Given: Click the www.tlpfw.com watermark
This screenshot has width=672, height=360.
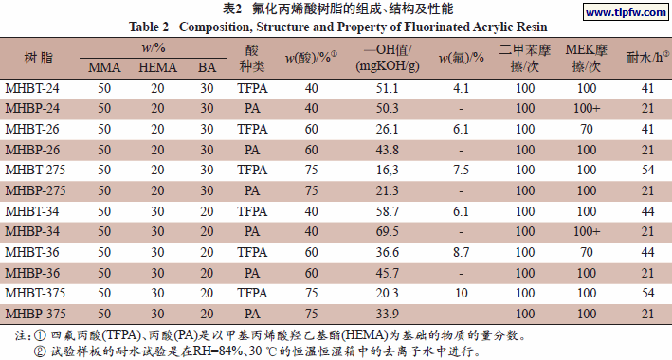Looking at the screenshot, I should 620,14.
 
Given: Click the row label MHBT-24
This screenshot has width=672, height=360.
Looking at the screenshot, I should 32,88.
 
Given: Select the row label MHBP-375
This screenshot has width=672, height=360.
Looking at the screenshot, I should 34,314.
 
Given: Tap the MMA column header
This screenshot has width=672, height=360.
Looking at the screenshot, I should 104,67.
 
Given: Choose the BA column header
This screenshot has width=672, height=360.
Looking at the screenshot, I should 207,67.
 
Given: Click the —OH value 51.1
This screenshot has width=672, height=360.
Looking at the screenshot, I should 388,88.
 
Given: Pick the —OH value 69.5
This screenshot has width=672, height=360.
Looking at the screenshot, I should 388,231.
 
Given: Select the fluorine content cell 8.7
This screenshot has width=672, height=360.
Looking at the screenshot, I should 462,252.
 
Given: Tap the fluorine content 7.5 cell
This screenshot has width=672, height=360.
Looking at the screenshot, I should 462,170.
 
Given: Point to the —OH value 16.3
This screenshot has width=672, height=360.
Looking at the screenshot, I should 388,170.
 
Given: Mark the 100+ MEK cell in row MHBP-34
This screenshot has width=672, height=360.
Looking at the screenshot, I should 586,231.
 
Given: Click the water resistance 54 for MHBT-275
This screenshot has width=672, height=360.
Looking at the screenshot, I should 647,170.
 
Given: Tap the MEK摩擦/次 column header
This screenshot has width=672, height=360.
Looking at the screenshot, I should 586,59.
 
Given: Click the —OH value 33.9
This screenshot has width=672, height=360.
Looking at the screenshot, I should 388,314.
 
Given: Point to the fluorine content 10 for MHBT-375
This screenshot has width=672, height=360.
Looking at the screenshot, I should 462,293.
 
